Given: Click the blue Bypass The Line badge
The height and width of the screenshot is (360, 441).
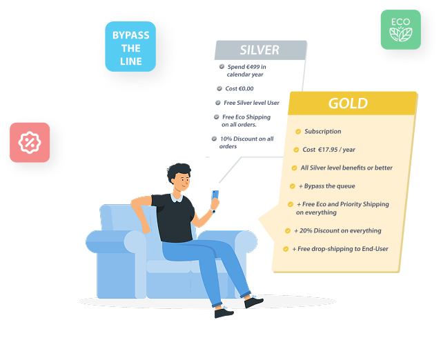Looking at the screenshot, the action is [130, 47].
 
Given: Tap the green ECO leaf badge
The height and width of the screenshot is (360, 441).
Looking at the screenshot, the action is [401, 30].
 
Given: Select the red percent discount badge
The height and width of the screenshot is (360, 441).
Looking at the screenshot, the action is [30, 143].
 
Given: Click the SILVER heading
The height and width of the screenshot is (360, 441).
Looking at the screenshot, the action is [259, 50].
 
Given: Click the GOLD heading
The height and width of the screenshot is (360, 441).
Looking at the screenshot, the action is [349, 103].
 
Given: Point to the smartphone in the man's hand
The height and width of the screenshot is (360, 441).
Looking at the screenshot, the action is [215, 195].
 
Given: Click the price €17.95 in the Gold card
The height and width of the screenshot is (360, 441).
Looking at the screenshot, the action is [328, 150].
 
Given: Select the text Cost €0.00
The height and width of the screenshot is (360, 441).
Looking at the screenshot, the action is [239, 89].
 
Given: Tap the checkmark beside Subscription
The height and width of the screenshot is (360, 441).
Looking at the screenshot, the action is [298, 132].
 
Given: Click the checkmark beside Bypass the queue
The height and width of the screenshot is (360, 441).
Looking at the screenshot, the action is [293, 186].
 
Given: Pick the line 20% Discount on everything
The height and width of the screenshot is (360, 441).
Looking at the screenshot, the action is [337, 231].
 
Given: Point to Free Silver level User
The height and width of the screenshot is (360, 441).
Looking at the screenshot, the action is [251, 103].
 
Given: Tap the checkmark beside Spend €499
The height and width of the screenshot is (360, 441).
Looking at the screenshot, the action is [222, 67].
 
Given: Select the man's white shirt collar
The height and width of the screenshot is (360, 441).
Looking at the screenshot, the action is [177, 197].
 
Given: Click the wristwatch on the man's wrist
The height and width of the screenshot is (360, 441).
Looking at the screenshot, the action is [213, 211].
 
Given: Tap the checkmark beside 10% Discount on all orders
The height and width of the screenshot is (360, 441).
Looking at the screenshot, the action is [215, 139].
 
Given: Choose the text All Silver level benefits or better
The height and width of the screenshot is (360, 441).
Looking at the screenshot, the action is [346, 168].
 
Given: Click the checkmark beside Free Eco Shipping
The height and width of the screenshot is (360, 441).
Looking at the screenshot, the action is [217, 117].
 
